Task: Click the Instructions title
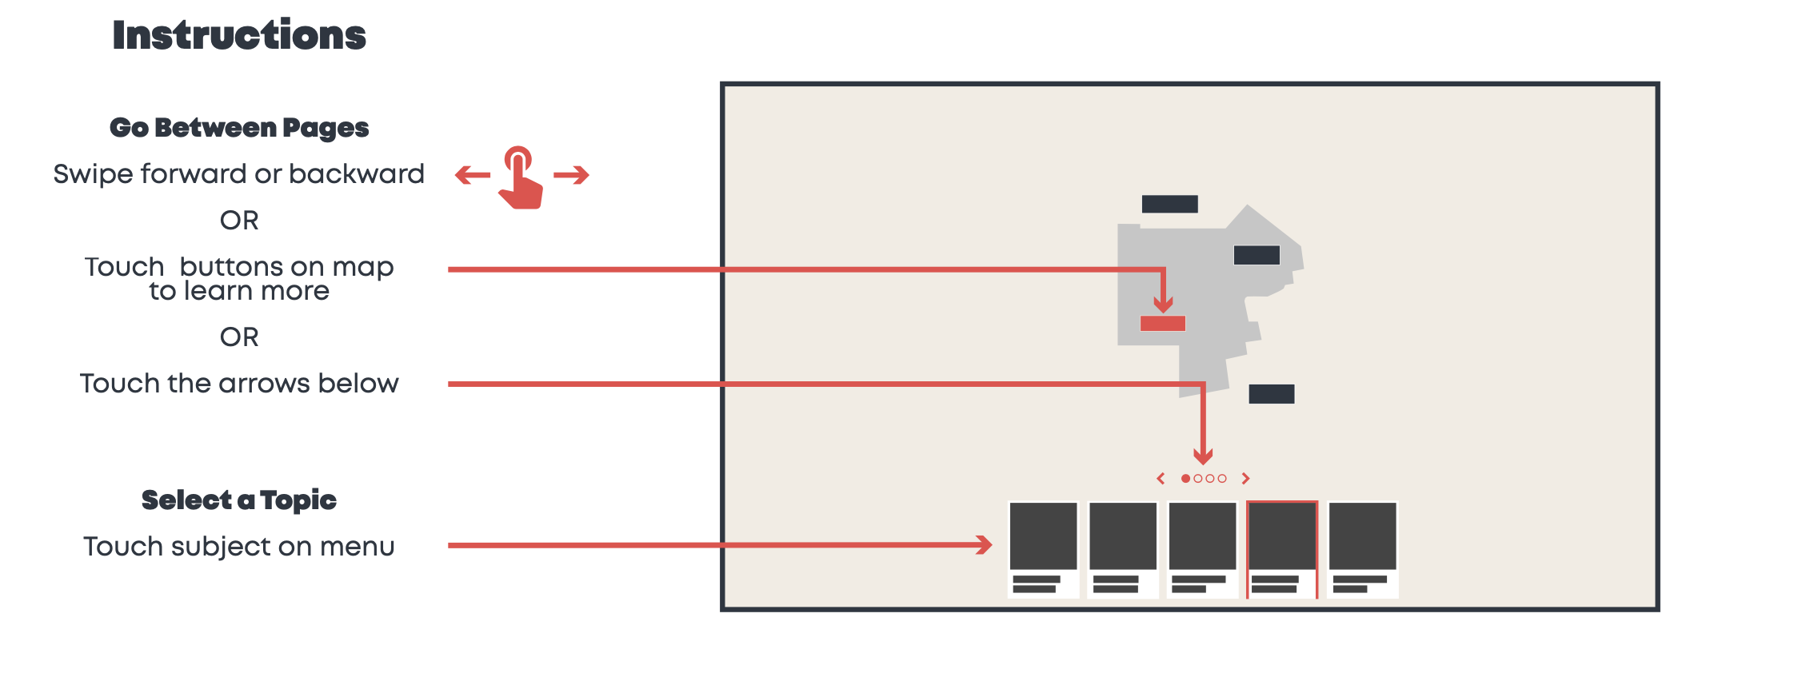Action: coord(239,36)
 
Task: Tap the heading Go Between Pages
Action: coord(239,128)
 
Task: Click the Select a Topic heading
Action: coord(239,500)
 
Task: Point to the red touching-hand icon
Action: coord(520,179)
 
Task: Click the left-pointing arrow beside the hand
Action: coord(473,175)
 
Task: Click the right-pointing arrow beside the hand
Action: coord(571,175)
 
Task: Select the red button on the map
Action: coord(1162,324)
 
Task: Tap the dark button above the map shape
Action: coord(1169,205)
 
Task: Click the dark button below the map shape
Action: coord(1271,394)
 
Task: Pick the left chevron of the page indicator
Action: coord(1161,479)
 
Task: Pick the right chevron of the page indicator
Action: coord(1245,479)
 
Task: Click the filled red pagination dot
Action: coord(1185,479)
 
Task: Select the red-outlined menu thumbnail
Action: coord(1282,549)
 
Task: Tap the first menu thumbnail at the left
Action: coord(1043,549)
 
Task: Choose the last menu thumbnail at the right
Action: coord(1362,549)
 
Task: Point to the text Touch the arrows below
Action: coord(239,384)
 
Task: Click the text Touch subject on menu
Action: coord(239,547)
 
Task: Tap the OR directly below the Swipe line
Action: coord(239,221)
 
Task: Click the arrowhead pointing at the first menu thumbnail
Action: coord(985,545)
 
